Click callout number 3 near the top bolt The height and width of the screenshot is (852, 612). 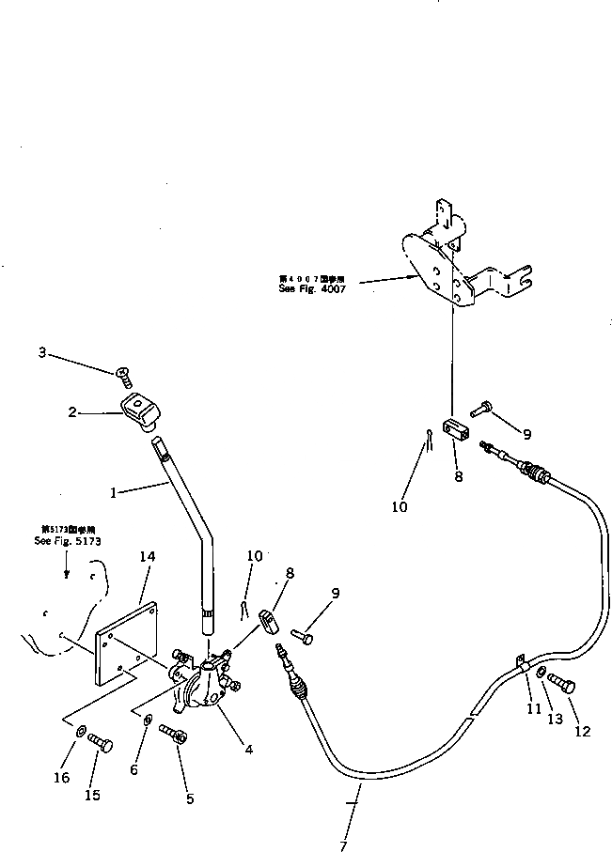[41, 352]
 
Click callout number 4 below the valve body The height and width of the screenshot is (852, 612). [248, 749]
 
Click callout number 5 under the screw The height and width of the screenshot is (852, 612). [190, 799]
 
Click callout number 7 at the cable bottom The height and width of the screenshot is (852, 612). [343, 845]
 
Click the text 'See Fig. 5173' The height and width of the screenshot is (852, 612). [68, 542]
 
